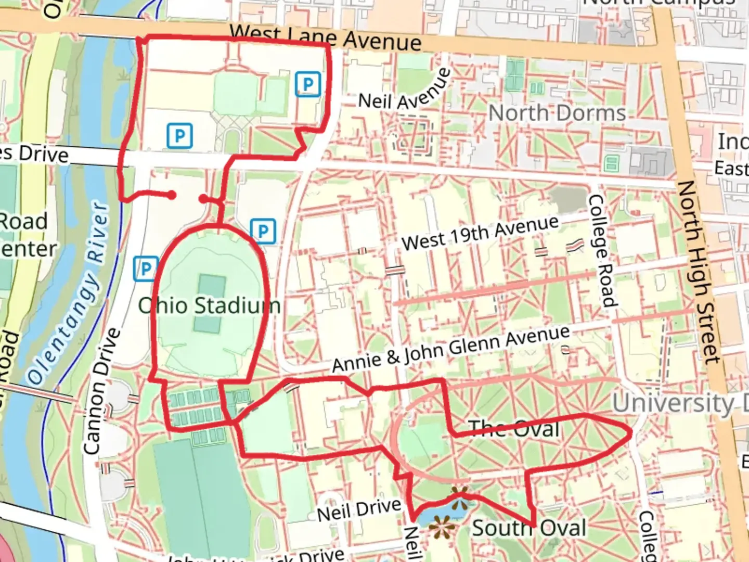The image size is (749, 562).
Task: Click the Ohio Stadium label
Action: click(x=209, y=305)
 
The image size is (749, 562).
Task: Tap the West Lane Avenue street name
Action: click(x=326, y=38)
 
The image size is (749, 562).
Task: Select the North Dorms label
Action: click(x=557, y=113)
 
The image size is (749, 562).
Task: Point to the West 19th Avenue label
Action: click(x=480, y=233)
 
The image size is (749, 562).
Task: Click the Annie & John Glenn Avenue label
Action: click(x=451, y=348)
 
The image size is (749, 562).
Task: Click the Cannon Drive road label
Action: click(x=101, y=391)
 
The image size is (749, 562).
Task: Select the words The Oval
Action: click(x=514, y=429)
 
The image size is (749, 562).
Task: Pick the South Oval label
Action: click(x=529, y=528)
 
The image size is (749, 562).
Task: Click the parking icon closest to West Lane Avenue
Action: click(x=308, y=84)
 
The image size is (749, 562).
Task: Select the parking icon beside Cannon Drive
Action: click(x=146, y=269)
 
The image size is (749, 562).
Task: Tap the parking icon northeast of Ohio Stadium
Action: click(x=263, y=231)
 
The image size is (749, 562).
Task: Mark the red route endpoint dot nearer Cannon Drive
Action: click(x=171, y=195)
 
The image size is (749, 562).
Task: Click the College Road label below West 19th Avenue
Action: click(x=602, y=251)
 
